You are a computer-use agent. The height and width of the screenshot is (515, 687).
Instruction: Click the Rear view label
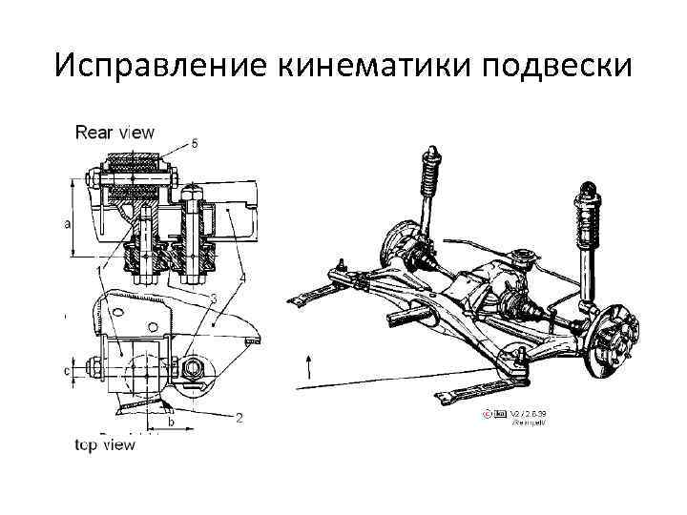tap(114, 133)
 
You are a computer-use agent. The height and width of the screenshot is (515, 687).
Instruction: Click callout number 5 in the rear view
tap(195, 143)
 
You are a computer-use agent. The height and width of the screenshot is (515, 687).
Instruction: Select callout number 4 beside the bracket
tap(243, 278)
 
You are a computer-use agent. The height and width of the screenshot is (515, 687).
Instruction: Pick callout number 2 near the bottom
tap(239, 417)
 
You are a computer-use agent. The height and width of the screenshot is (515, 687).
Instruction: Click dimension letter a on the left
tap(66, 224)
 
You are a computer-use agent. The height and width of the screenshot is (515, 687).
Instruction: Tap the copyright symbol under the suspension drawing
tap(488, 414)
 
